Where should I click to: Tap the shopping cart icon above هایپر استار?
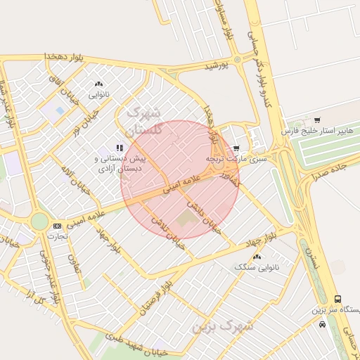tap(317, 120)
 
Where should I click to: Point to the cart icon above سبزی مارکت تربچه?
tap(236, 148)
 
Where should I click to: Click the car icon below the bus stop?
tap(322, 324)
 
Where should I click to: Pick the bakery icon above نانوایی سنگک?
tap(257, 257)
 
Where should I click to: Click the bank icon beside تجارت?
tap(57, 226)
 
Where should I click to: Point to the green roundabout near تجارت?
tap(39, 221)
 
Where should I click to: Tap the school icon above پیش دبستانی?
tap(120, 148)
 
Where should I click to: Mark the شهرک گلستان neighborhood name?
tap(143, 121)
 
